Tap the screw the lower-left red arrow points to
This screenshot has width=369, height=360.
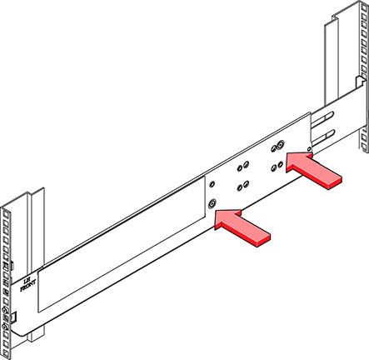click(214, 203)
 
